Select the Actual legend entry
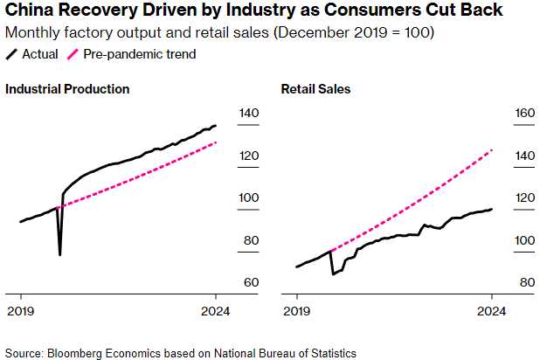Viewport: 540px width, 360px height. click(x=32, y=54)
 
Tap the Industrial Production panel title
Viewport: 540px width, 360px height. click(x=67, y=89)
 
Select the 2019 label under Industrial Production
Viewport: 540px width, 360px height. click(x=20, y=310)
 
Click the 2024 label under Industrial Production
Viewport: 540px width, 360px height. click(x=216, y=310)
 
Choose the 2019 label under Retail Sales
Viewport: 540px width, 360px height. click(x=297, y=310)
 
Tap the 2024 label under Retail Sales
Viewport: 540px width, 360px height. click(x=492, y=310)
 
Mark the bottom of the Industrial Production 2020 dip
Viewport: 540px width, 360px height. click(x=59, y=255)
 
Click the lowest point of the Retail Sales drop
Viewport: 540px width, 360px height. click(x=333, y=274)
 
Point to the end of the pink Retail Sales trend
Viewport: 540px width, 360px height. click(x=493, y=149)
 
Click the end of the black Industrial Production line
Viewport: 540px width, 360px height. click(x=216, y=126)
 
